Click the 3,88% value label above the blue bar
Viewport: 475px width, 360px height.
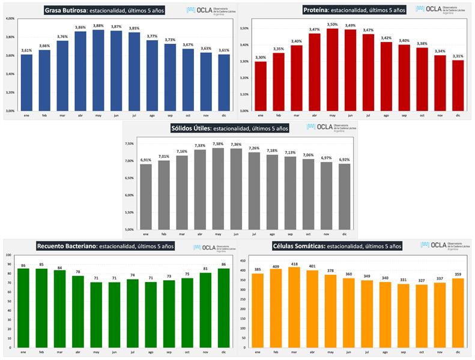(x=98, y=26)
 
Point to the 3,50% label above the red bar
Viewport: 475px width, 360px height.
(x=332, y=25)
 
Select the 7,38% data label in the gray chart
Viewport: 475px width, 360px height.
(x=218, y=144)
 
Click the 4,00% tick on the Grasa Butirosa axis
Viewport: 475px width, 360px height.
(x=10, y=19)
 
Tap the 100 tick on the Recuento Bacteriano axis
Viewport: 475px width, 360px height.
(x=10, y=255)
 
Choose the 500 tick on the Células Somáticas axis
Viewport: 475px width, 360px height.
(x=243, y=255)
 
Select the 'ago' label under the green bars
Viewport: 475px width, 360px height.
(x=150, y=351)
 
